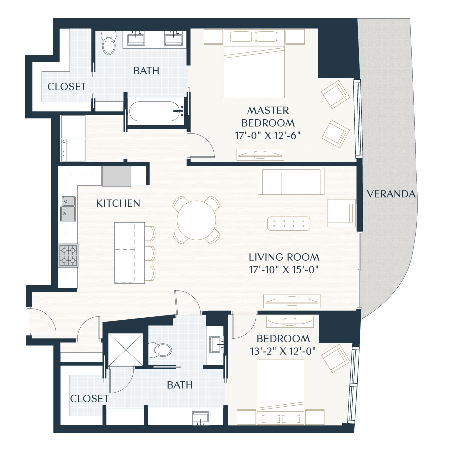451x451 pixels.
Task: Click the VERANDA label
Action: [391, 194]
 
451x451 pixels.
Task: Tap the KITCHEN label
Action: [118, 203]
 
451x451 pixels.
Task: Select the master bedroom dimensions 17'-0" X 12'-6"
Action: [268, 135]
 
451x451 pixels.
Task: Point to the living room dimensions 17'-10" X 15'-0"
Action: [284, 269]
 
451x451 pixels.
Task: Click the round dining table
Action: [196, 219]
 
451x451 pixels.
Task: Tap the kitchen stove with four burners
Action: [68, 255]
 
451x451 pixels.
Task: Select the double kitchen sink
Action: [68, 208]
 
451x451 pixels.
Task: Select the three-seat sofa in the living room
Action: [290, 181]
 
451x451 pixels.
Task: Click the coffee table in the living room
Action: [289, 223]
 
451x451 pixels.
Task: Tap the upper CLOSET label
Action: [67, 87]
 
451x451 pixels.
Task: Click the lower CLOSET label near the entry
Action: [89, 399]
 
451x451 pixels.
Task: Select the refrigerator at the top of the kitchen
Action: [117, 177]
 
